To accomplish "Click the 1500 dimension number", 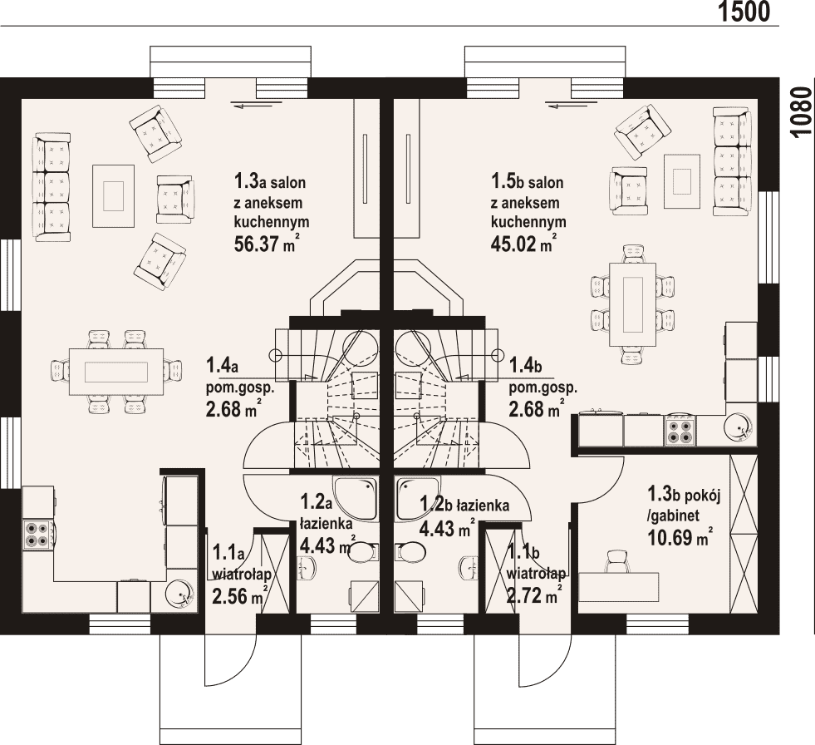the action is [x=744, y=12].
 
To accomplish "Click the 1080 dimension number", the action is [x=802, y=112].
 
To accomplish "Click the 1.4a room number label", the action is [x=222, y=365].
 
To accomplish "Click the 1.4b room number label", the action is [x=526, y=365].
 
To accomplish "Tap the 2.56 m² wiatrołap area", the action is [x=240, y=595].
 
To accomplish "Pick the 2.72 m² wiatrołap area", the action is [x=534, y=594].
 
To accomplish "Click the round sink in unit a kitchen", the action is [x=179, y=593].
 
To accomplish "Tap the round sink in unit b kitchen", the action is [x=739, y=427].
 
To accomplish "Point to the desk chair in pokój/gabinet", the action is [x=617, y=561].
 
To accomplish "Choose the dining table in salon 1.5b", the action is [x=632, y=304].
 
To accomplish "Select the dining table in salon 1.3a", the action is [x=116, y=372].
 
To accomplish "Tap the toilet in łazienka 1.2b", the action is [x=410, y=552].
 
